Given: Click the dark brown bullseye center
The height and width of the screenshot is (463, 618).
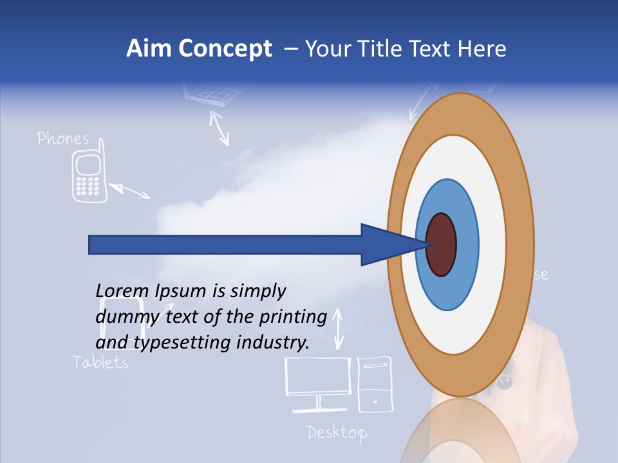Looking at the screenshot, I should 442,245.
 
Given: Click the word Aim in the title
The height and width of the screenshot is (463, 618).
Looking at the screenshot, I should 149,49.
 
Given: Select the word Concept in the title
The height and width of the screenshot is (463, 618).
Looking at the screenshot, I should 225,49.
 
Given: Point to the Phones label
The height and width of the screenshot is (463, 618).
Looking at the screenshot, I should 62,138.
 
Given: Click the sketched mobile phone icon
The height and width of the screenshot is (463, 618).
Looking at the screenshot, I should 88,177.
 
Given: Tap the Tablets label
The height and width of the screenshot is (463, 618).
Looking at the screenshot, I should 100,362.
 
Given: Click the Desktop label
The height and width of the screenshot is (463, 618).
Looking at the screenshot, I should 337,432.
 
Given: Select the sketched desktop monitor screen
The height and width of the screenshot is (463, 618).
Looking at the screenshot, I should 318,377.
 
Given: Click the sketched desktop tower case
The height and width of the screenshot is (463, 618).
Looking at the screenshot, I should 374,383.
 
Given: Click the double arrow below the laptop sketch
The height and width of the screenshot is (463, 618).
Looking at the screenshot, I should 220,128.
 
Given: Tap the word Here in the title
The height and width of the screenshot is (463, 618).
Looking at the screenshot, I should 482,49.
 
